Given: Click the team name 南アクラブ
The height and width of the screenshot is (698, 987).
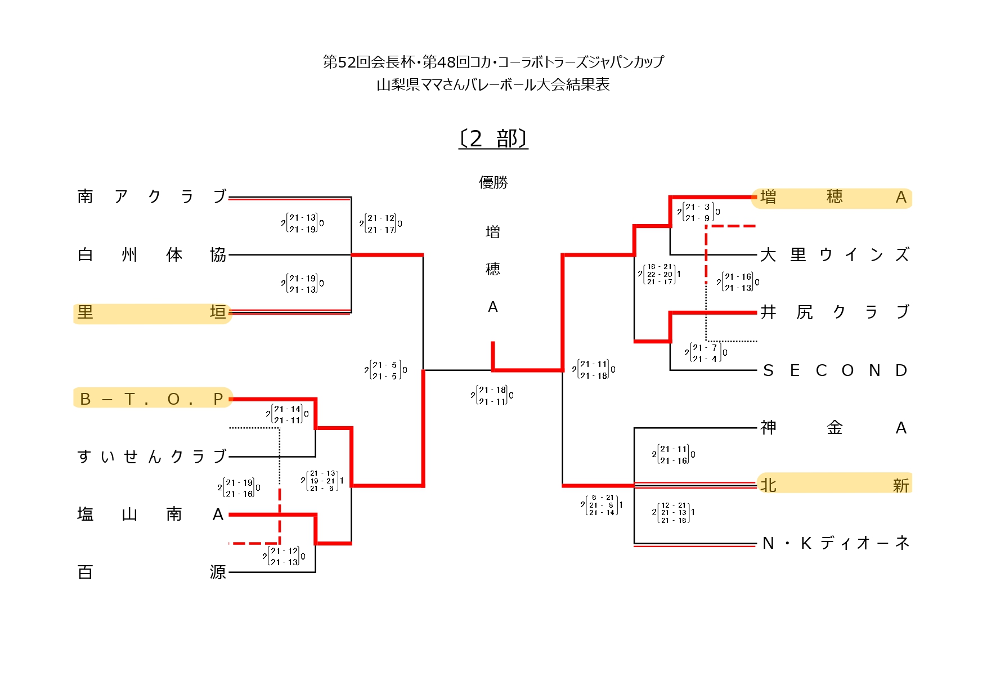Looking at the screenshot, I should coord(152,196).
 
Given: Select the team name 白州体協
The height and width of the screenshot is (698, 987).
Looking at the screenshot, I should coord(152,254).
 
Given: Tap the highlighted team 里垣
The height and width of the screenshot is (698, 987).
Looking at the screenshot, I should coord(152,312).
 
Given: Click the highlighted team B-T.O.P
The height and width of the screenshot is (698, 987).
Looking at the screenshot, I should coord(152,399).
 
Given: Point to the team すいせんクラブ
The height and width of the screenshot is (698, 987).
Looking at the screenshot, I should coord(152,456).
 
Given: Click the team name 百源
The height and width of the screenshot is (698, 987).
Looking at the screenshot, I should coord(152,572).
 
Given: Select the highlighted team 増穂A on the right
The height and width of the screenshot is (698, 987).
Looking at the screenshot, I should coord(833,197).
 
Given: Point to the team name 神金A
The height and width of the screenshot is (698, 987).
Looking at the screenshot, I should coord(833,428).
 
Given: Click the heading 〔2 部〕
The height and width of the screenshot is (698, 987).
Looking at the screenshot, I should coord(493,138).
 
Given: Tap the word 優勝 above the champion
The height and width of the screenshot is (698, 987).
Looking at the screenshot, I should coord(493,182).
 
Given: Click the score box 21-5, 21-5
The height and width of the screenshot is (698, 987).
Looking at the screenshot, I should coord(385,370).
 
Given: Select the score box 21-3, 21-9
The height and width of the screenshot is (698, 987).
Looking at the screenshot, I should coord(698,212).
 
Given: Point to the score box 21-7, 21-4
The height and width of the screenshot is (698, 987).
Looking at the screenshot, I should coord(706,353).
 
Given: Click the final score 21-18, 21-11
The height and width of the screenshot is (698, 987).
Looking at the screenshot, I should coord(492,395).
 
